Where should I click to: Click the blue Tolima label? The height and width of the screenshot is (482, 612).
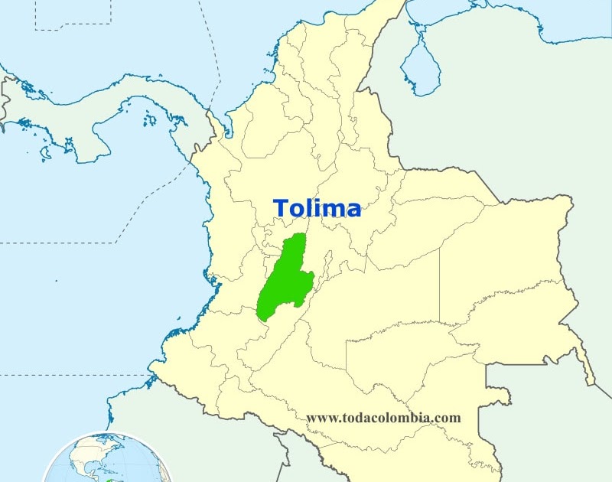317,207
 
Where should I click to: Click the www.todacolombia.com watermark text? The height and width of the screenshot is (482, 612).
383,418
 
